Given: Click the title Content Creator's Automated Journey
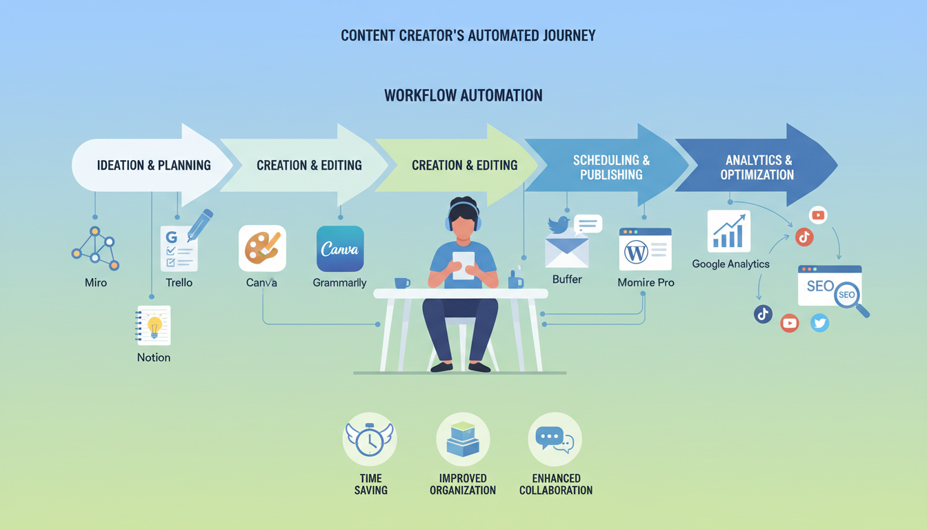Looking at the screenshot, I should [468, 35].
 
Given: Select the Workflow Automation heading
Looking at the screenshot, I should [463, 95].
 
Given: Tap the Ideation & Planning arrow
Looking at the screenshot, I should [153, 165].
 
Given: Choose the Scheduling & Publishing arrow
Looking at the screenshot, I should [611, 168].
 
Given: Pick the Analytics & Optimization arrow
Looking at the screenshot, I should [757, 168].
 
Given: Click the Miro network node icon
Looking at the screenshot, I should [95, 248].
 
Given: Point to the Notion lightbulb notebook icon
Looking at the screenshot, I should [154, 325].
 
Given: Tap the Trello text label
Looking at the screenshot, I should [179, 282].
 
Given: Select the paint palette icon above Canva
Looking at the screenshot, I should [262, 248].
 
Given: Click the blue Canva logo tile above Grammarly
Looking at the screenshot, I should [339, 249].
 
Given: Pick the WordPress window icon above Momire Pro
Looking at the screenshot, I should [645, 249].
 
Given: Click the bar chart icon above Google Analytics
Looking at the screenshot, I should [728, 231].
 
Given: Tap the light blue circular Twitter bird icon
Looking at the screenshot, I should [819, 322].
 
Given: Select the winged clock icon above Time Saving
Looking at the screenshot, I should [370, 440].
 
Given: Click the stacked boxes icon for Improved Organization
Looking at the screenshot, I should [463, 440].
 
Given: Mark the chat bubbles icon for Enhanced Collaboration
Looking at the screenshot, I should [555, 440].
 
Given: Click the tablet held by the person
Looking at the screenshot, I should [463, 264].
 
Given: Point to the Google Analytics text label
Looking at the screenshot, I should [730, 264].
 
